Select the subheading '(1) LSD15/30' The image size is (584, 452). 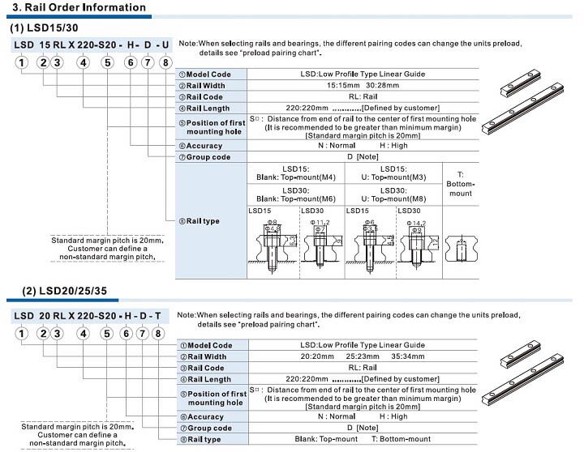[x=45, y=28]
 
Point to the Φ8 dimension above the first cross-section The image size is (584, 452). [x=273, y=220]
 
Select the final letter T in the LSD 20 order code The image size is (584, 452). [x=158, y=314]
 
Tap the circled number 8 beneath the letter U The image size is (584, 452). [x=165, y=62]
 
